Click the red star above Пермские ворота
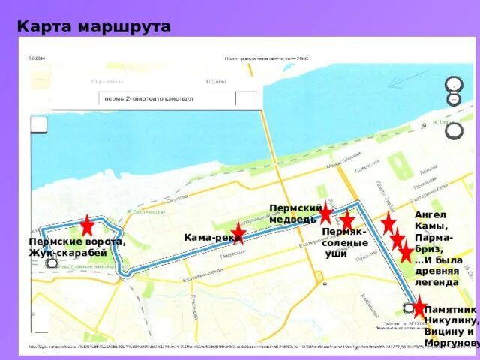tap(87, 225)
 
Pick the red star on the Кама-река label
tap(238, 232)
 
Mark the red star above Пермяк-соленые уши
tap(347, 220)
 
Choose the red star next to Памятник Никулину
tap(419, 306)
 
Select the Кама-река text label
tap(211, 238)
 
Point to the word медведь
tap(293, 219)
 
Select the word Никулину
tap(451, 320)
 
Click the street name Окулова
tap(177, 199)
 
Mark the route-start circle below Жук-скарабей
tap(51, 262)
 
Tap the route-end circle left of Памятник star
tap(408, 307)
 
